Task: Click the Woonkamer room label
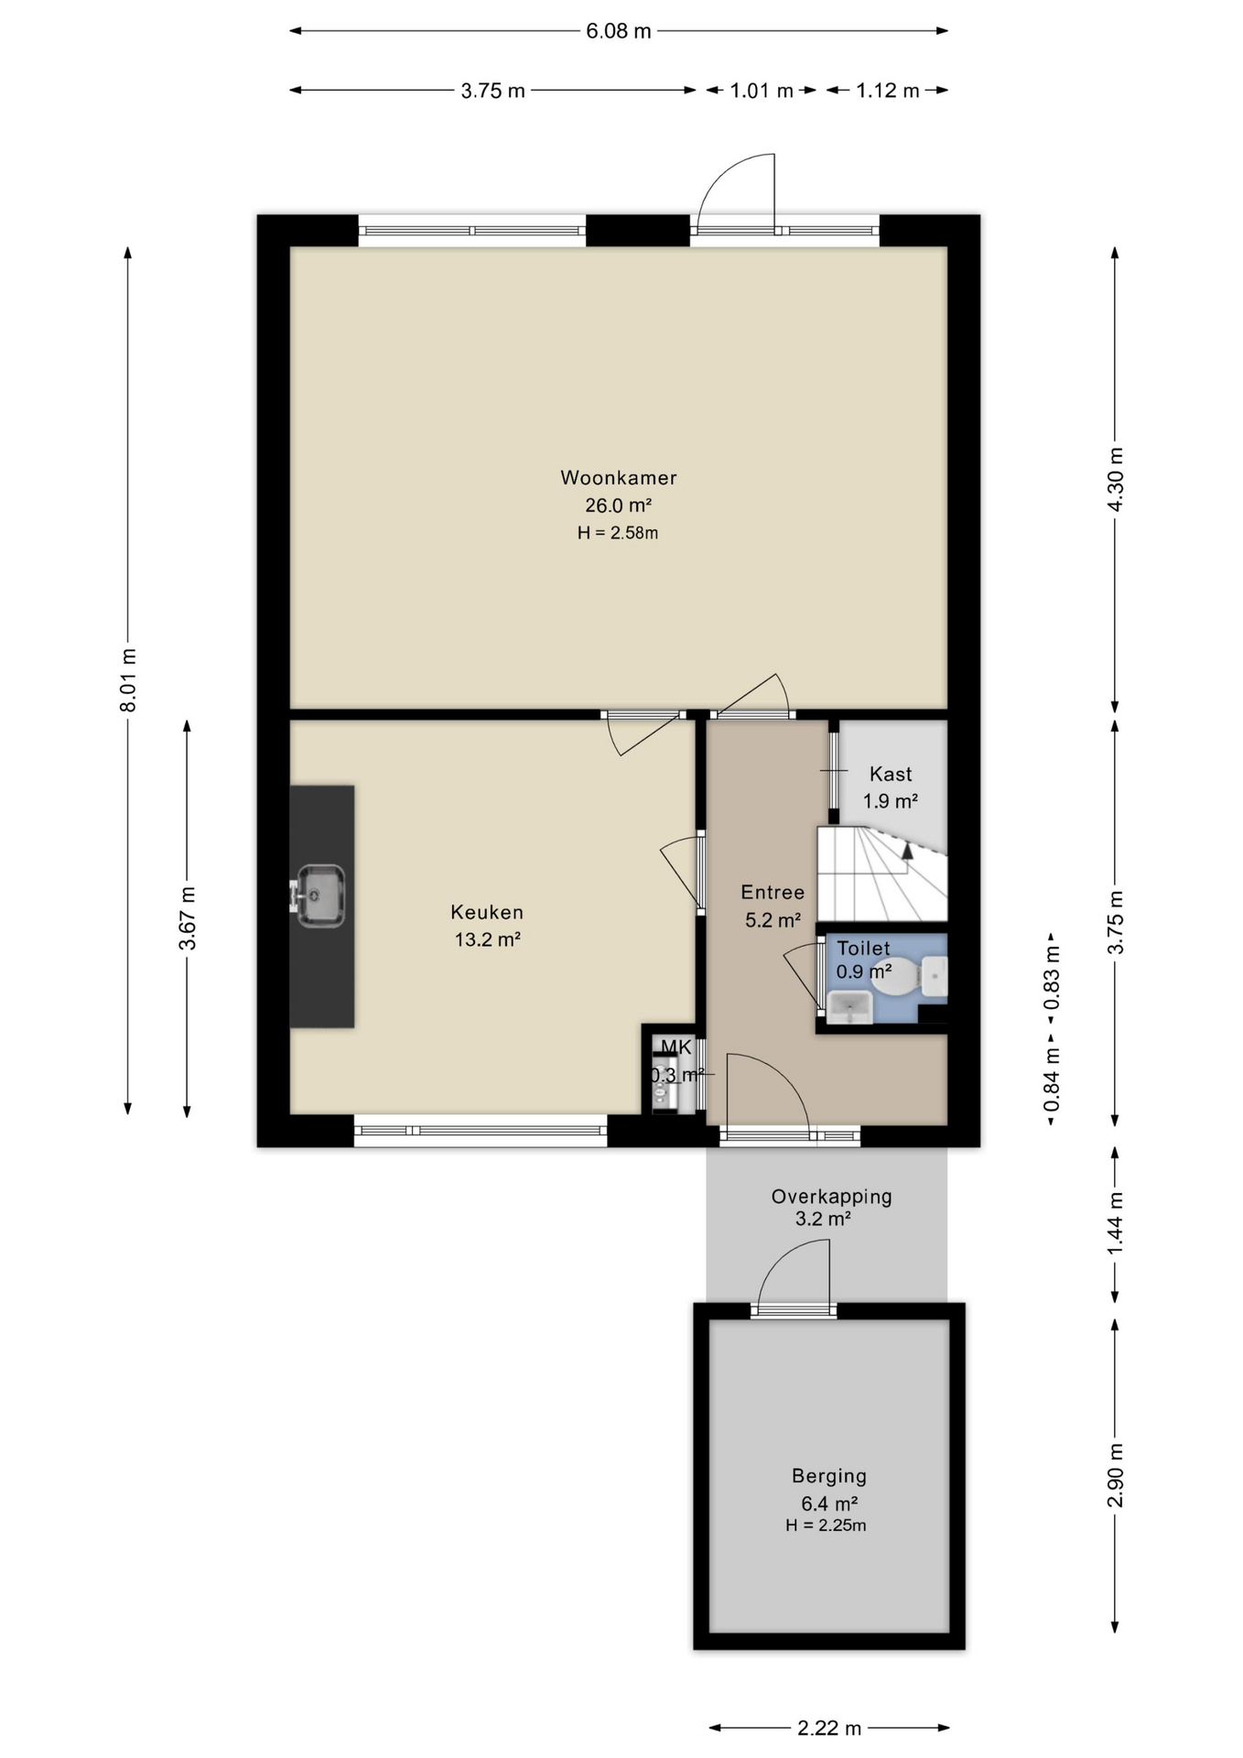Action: [619, 478]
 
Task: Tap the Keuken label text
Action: [487, 912]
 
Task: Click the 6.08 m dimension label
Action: [619, 31]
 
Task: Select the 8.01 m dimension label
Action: [129, 680]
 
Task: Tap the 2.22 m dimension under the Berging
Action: [829, 1728]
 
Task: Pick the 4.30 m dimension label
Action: [1115, 481]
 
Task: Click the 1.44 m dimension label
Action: [1115, 1225]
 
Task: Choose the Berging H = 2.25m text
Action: [826, 1525]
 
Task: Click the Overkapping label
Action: [831, 1196]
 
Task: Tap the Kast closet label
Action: [891, 775]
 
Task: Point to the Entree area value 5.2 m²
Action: [773, 920]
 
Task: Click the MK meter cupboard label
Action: [676, 1047]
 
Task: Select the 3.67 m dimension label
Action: [188, 918]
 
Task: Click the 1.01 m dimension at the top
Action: [762, 91]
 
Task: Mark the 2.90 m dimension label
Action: [1115, 1475]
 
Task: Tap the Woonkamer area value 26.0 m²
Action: [619, 505]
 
